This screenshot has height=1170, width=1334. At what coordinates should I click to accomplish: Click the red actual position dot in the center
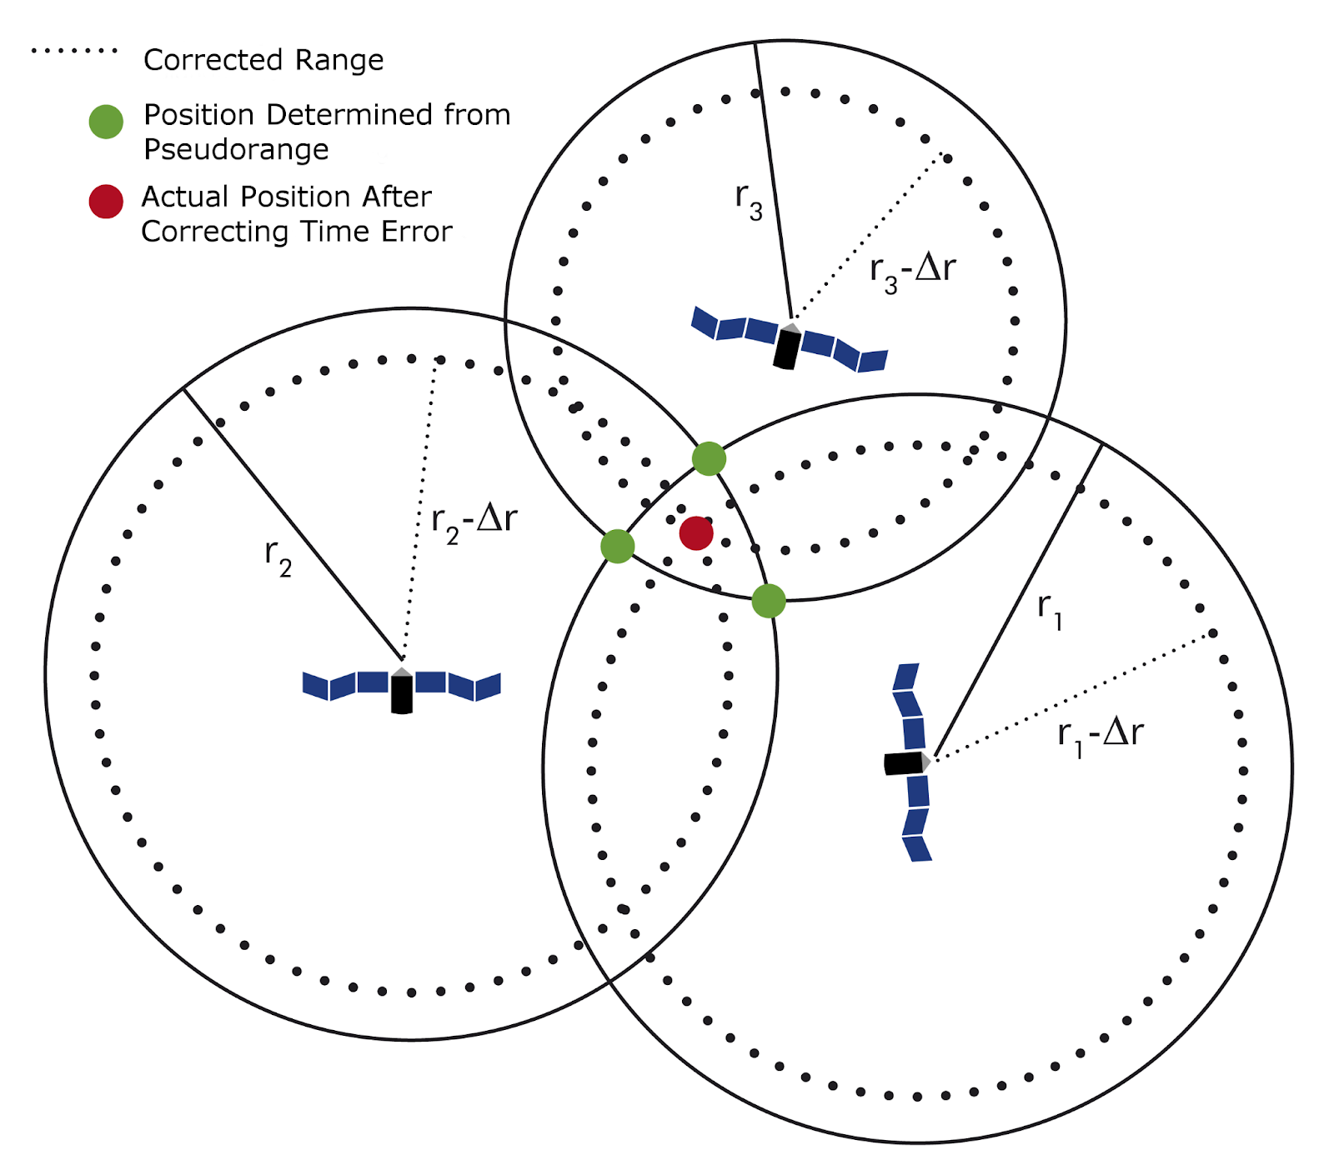(696, 533)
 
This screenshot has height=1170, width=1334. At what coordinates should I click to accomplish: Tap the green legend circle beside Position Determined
(106, 122)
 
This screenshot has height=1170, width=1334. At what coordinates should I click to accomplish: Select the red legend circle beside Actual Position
(106, 202)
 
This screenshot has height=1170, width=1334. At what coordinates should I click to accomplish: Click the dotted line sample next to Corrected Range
(74, 51)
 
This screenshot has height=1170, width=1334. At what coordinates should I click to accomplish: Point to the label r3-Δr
(912, 270)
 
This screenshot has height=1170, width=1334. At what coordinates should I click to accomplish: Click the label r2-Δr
(474, 521)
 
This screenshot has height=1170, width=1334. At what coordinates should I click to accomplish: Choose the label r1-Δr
(1100, 734)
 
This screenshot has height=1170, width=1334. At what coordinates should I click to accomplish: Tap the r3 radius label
(748, 200)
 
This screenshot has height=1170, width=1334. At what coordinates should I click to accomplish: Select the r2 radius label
(278, 556)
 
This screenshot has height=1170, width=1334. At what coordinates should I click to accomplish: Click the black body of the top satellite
(786, 348)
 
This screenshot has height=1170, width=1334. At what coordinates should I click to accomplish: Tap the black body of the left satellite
(402, 694)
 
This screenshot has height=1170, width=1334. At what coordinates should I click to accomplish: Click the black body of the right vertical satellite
(904, 763)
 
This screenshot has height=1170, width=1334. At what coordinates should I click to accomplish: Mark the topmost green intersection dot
(709, 458)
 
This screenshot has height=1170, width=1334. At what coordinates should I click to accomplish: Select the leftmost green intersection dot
(618, 546)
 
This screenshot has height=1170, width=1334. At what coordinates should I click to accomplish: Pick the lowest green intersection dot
(769, 601)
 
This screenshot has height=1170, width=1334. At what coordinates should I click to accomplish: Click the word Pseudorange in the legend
(236, 150)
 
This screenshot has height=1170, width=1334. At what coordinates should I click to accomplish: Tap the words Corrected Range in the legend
(263, 60)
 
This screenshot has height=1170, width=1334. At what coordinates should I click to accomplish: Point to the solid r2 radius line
(292, 524)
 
